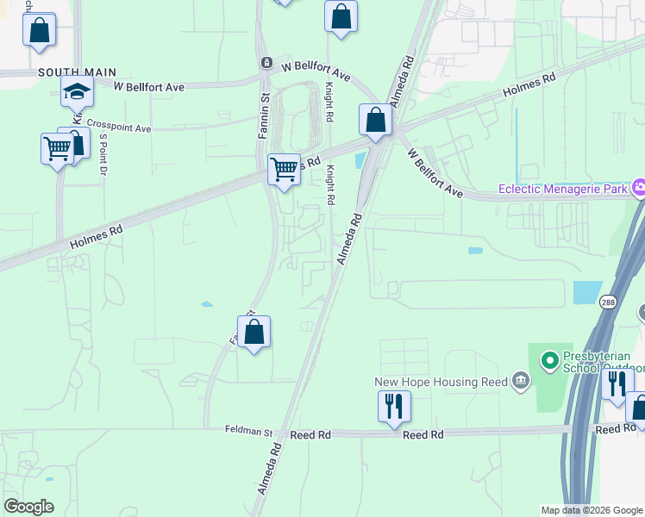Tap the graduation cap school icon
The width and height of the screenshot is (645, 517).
[77, 91]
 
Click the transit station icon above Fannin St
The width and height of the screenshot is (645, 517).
[266, 64]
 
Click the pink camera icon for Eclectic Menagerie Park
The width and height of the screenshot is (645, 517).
[639, 187]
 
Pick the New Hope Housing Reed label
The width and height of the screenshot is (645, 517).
[441, 382]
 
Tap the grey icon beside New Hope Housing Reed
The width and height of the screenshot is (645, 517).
[520, 381]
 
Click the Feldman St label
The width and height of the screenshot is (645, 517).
[248, 430]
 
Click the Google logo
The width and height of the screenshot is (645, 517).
[28, 507]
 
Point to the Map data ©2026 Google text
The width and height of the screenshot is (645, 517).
[592, 510]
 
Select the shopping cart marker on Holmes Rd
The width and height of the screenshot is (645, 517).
[284, 168]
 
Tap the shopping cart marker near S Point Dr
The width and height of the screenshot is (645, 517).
[57, 148]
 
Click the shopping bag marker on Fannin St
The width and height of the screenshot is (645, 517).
[254, 332]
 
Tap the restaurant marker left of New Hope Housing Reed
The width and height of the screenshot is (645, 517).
[394, 405]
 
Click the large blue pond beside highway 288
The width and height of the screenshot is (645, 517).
[587, 292]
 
